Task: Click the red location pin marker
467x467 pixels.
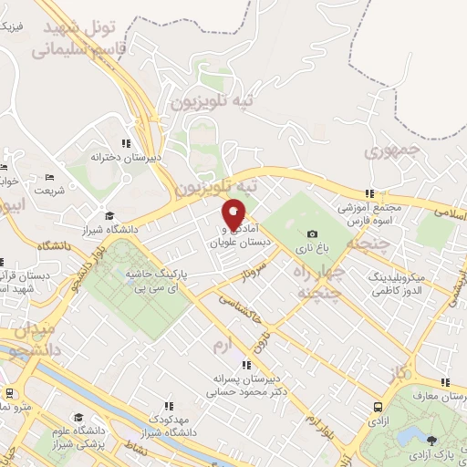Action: [x=233, y=214]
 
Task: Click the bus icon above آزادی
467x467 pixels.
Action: [x=378, y=408]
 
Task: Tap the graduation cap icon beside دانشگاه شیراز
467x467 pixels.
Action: [x=109, y=216]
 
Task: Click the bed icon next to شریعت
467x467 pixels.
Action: [x=50, y=176]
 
